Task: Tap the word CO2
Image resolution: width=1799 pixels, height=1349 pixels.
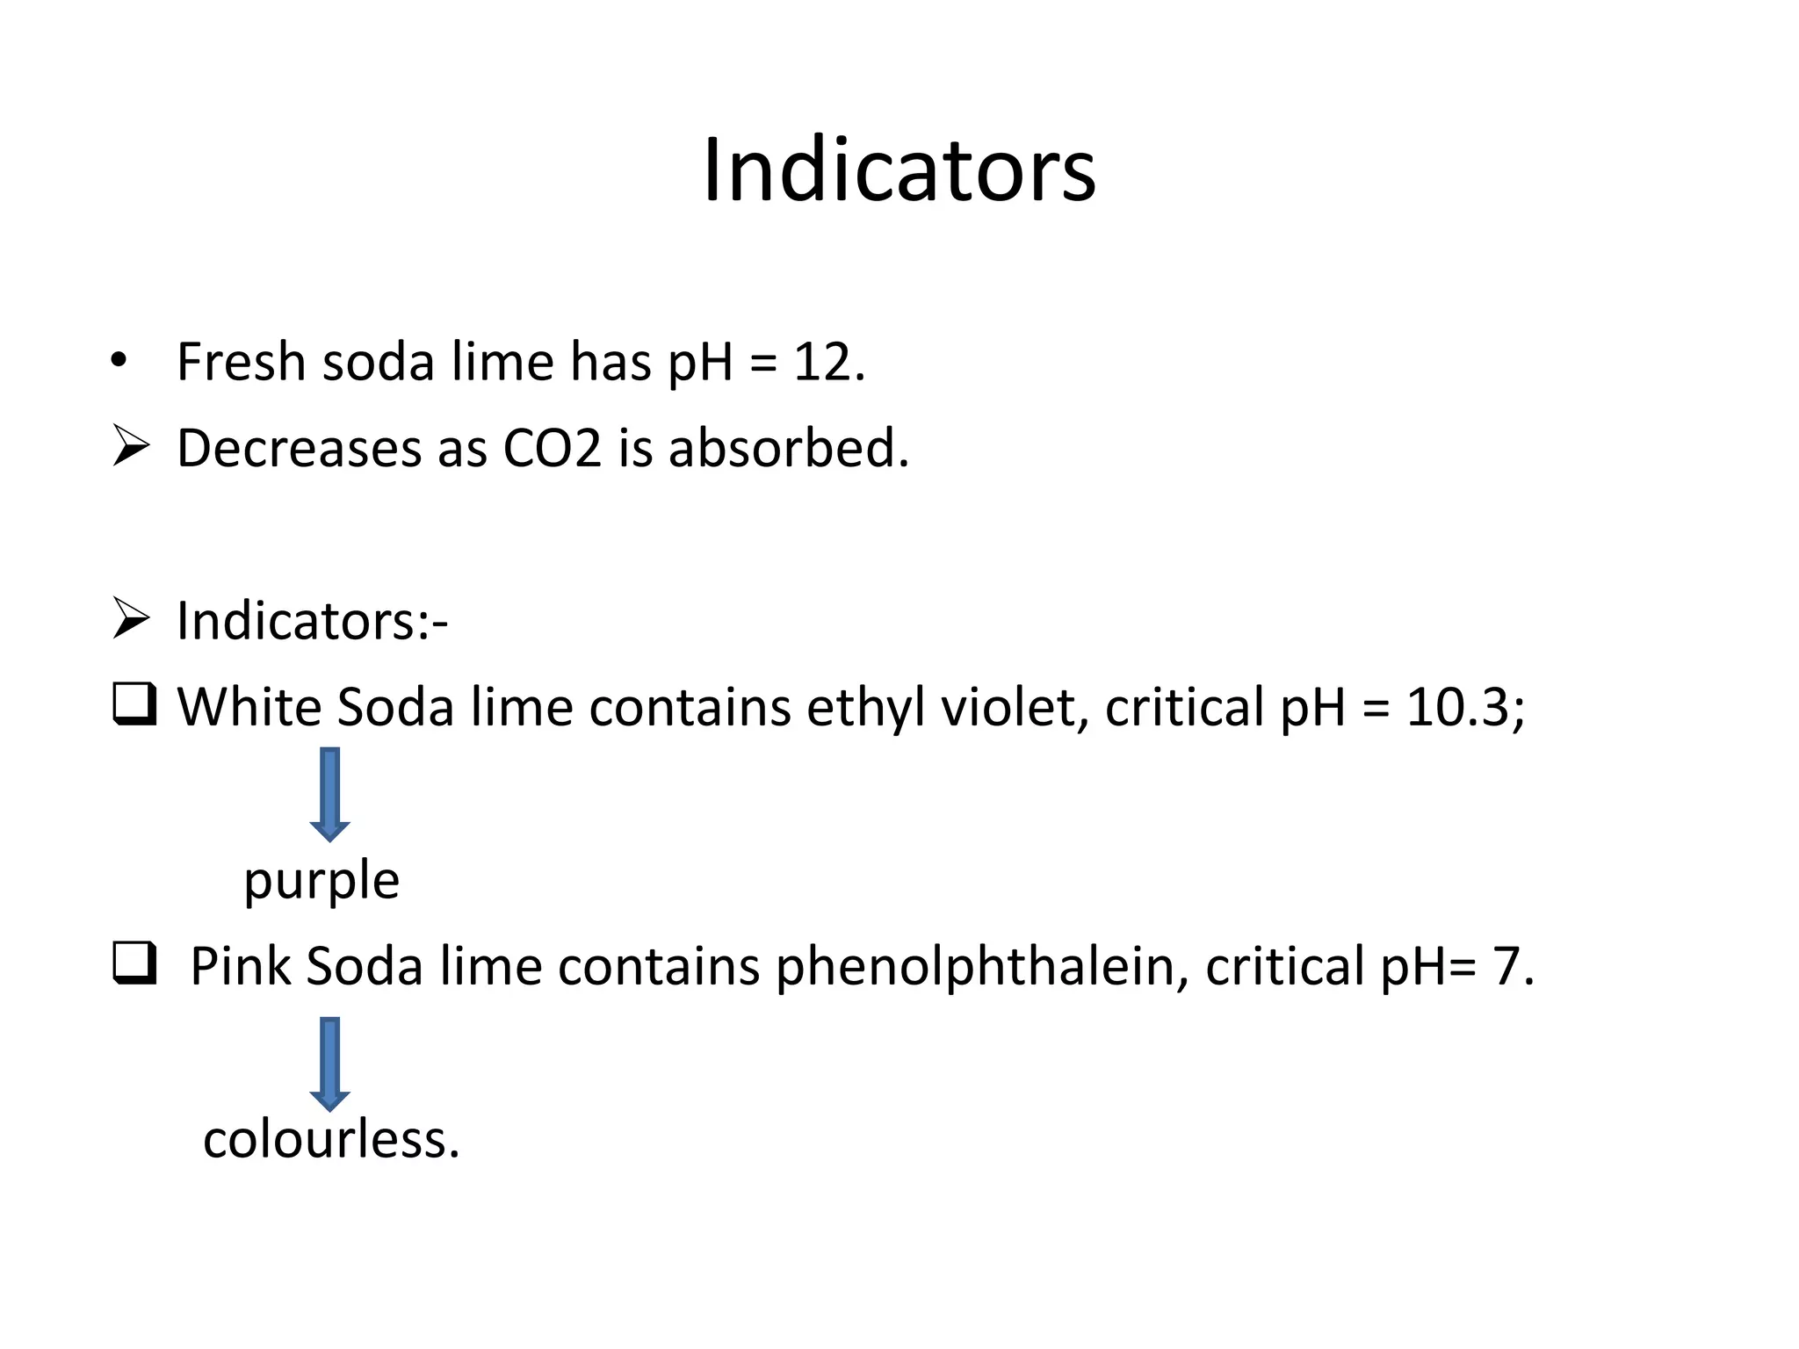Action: [552, 448]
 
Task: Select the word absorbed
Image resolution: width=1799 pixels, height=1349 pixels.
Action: [788, 448]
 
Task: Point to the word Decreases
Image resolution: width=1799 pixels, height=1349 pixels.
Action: [300, 448]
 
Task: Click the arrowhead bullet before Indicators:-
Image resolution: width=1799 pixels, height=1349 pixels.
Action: [131, 619]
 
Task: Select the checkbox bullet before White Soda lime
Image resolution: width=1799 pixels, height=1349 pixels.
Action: [134, 705]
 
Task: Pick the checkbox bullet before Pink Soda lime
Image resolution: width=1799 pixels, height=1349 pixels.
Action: [134, 964]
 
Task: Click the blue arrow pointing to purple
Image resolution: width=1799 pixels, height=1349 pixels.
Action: [330, 794]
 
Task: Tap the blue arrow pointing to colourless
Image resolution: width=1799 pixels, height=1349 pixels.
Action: [330, 1064]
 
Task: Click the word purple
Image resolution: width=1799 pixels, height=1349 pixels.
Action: [322, 880]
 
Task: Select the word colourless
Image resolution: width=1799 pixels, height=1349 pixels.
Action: [331, 1139]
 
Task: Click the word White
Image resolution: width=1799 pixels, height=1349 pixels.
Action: [249, 706]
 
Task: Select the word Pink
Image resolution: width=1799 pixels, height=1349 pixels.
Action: [240, 966]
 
